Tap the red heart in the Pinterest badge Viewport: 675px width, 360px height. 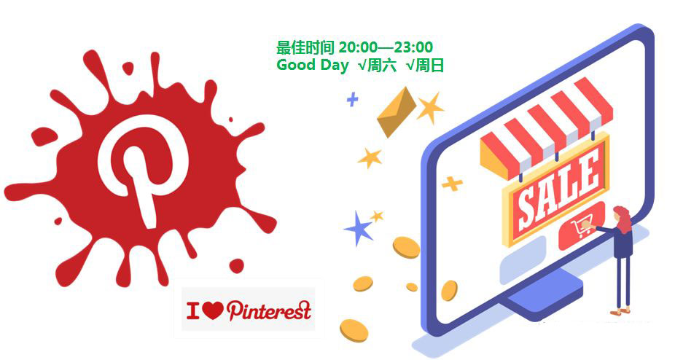pyautogui.click(x=212, y=310)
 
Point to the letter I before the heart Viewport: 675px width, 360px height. pyautogui.click(x=193, y=310)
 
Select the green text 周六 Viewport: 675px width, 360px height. pyautogui.click(x=381, y=66)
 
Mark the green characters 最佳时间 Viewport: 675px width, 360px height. pyautogui.click(x=305, y=47)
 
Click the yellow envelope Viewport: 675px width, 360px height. pyautogui.click(x=397, y=112)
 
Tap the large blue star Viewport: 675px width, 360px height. pyautogui.click(x=359, y=229)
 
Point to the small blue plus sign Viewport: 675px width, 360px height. pyautogui.click(x=353, y=100)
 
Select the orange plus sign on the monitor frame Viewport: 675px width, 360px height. pyautogui.click(x=452, y=184)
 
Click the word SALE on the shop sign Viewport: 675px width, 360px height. pyautogui.click(x=558, y=192)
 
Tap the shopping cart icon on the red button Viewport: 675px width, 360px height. pyautogui.click(x=581, y=227)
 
